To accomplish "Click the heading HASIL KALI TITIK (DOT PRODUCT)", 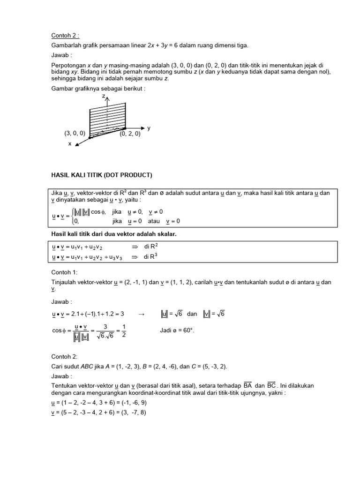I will pyautogui.click(x=101, y=175).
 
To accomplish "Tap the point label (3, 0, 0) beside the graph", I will pyautogui.click(x=75, y=134).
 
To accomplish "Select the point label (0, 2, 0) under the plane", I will pyautogui.click(x=130, y=134).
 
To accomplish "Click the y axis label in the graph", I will pyautogui.click(x=149, y=127).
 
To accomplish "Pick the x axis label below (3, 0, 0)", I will pyautogui.click(x=70, y=144).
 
